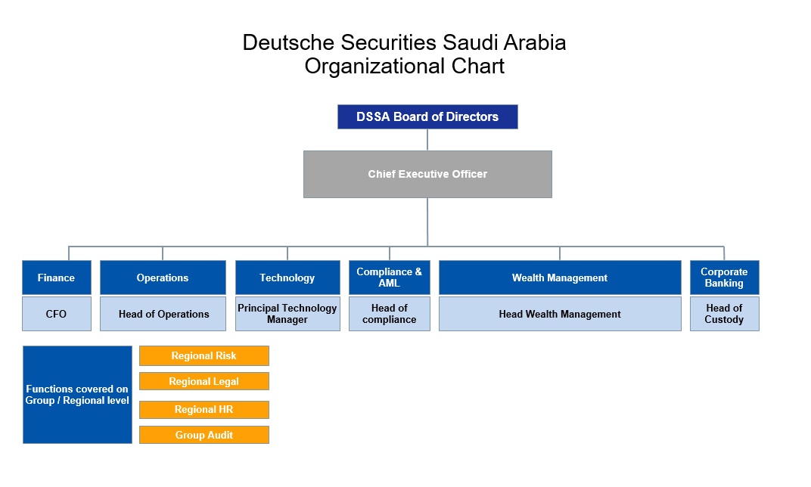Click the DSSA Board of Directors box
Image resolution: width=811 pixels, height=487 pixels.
point(427,117)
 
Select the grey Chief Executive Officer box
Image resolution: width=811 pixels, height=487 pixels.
point(427,174)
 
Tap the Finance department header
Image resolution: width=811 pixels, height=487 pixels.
point(57,278)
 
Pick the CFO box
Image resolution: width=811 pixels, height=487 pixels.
point(57,314)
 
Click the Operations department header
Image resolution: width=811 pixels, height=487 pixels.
point(163,278)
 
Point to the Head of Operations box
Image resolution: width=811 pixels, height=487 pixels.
point(163,314)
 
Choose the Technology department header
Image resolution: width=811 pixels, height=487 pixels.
point(287,278)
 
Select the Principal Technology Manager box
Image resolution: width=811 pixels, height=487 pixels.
point(287,314)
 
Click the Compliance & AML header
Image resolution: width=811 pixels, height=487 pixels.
point(390,278)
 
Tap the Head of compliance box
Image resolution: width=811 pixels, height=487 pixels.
point(390,314)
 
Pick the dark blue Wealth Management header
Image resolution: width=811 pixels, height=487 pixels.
point(560,278)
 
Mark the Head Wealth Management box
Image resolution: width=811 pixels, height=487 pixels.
point(560,314)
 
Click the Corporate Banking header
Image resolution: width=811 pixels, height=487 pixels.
point(725,278)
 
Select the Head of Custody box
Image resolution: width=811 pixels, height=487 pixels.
point(725,314)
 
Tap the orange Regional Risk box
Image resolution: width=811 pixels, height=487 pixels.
point(204,355)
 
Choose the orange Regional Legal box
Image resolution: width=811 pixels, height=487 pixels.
point(204,382)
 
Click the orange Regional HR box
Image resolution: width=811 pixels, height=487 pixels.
point(204,409)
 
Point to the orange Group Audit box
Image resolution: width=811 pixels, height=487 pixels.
point(204,435)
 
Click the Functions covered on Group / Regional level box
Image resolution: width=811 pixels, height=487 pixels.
point(78,395)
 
